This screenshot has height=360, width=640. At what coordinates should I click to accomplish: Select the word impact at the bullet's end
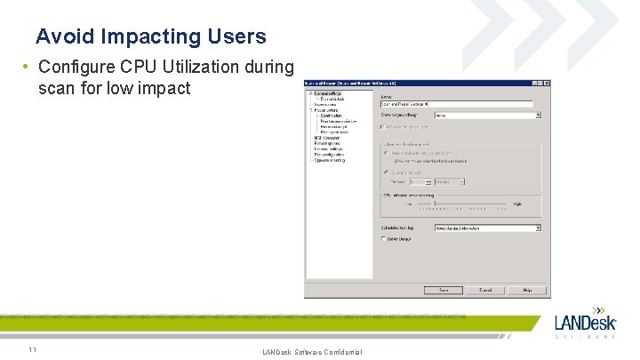click(165, 88)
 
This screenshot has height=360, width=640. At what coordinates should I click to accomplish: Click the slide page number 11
click(32, 349)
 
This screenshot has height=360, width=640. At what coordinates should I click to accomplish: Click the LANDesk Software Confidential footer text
click(312, 353)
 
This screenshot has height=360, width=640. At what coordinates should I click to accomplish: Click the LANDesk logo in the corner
click(584, 325)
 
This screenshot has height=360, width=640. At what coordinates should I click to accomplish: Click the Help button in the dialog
click(527, 290)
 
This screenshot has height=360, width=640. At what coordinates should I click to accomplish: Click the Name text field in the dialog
click(460, 104)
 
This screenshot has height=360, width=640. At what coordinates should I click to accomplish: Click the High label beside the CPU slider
click(516, 204)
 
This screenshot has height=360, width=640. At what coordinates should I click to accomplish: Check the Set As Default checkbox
click(384, 238)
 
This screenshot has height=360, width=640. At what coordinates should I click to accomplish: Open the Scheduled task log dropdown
click(538, 228)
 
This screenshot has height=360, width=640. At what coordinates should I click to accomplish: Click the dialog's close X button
click(545, 84)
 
